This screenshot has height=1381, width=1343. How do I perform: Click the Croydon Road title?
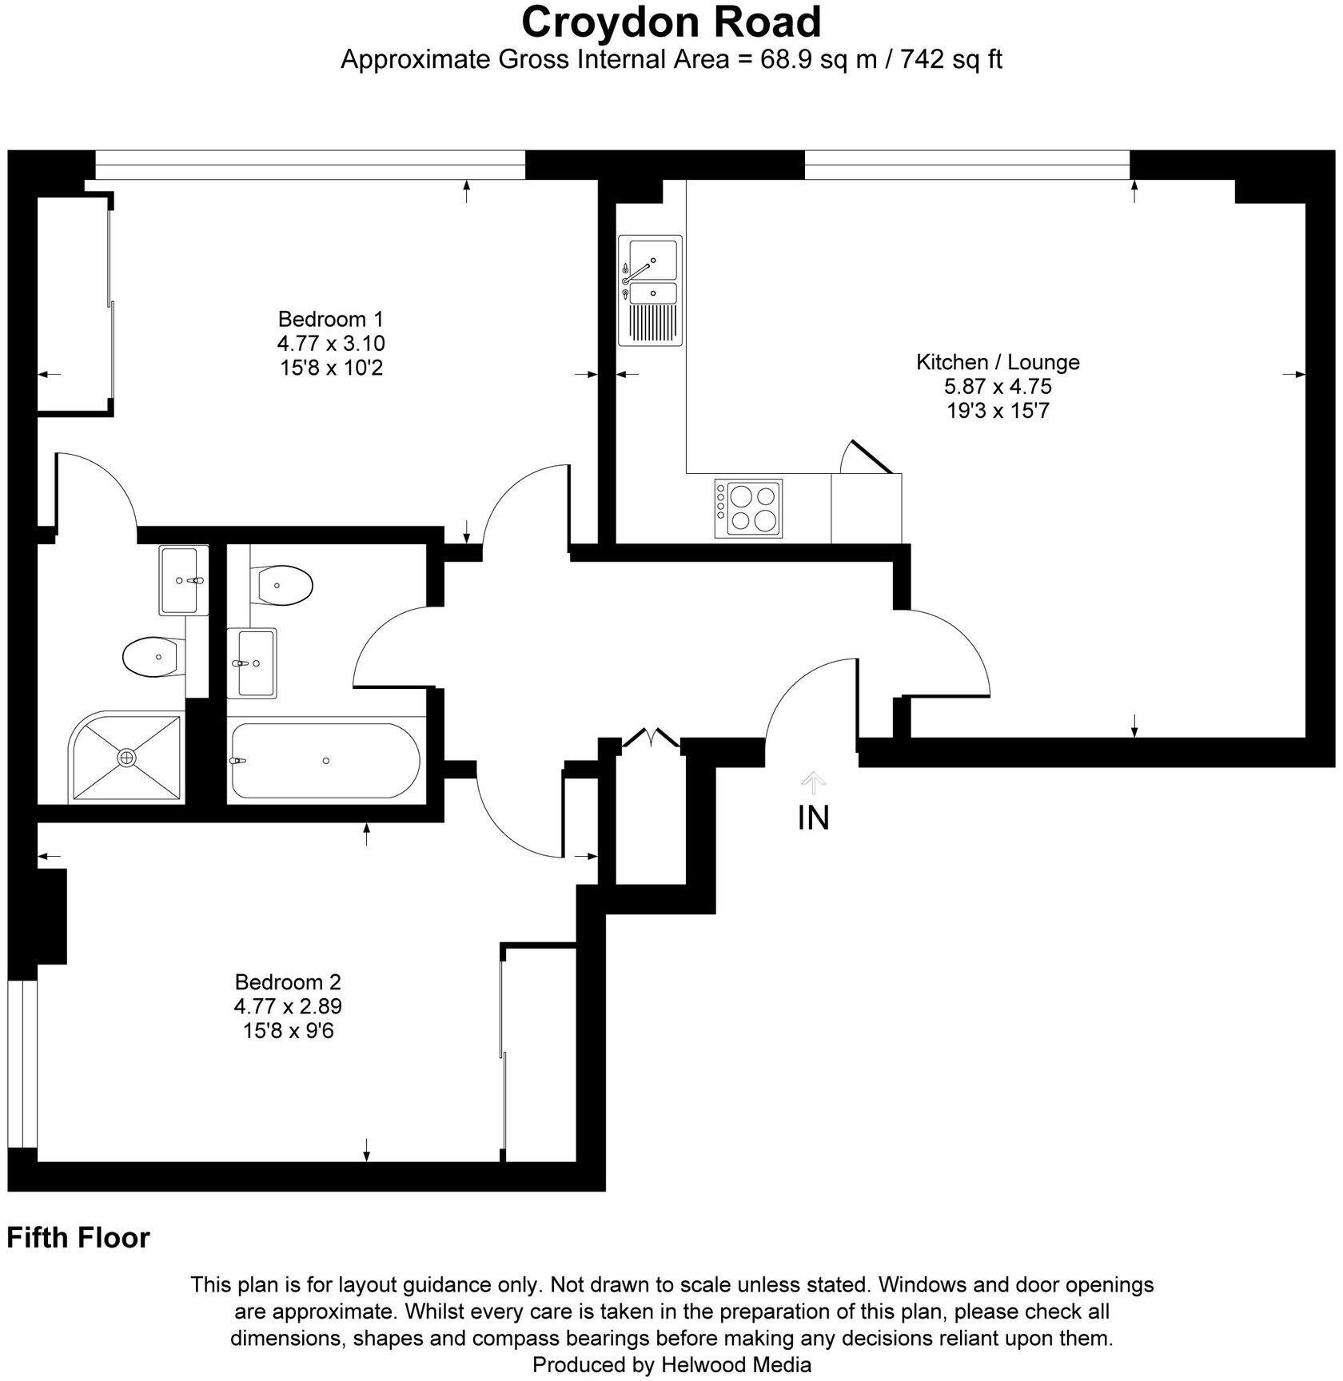pyautogui.click(x=671, y=22)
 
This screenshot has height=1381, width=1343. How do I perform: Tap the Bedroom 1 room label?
pyautogui.click(x=331, y=320)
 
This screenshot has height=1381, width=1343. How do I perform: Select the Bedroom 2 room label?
pyautogui.click(x=288, y=981)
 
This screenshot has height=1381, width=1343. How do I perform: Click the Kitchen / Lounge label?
pyautogui.click(x=998, y=362)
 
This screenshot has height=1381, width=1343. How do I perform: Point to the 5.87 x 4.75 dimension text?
pyautogui.click(x=998, y=387)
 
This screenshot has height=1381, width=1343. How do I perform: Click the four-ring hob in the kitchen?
pyautogui.click(x=748, y=508)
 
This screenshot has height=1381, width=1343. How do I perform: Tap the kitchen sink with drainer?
pyautogui.click(x=651, y=290)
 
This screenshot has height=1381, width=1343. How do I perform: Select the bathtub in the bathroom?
pyautogui.click(x=323, y=761)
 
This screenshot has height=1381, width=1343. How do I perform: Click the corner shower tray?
pyautogui.click(x=126, y=756)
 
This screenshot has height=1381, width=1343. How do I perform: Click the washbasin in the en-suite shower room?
pyautogui.click(x=183, y=580)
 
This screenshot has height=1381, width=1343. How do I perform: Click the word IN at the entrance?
pyautogui.click(x=813, y=818)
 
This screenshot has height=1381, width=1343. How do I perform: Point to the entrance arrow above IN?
pyautogui.click(x=813, y=781)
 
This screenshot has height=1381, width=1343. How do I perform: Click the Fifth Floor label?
pyautogui.click(x=78, y=1238)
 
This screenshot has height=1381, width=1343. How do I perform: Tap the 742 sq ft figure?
pyautogui.click(x=951, y=60)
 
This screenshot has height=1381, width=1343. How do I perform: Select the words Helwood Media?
pyautogui.click(x=736, y=1365)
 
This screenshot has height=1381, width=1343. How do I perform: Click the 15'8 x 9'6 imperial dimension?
pyautogui.click(x=288, y=1031)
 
